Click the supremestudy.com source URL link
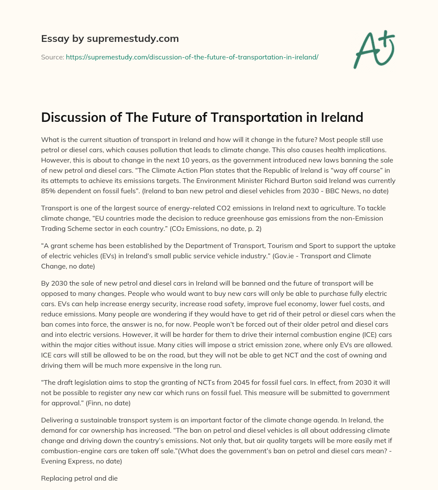click(192, 56)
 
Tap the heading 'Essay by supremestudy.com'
click(110, 38)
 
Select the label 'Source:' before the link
click(52, 56)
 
